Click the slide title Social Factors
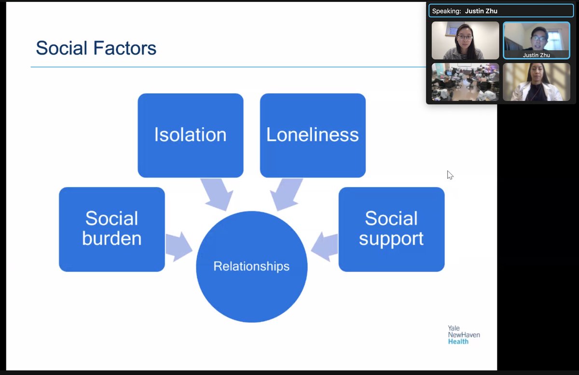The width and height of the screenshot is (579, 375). tap(96, 48)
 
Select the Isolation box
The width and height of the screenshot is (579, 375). tap(190, 135)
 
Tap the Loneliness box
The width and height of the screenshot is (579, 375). tap(313, 135)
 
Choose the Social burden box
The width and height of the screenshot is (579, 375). tap(111, 229)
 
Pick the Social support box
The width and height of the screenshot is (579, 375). tap(391, 229)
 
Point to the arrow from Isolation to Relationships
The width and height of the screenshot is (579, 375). tap(217, 194)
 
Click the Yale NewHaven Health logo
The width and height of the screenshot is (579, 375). tap(464, 334)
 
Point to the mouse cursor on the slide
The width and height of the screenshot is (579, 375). tap(450, 175)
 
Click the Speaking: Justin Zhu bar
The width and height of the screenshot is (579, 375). tap(501, 11)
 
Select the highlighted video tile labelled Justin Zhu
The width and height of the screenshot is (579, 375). tap(536, 41)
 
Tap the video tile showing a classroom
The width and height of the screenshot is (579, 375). tap(465, 82)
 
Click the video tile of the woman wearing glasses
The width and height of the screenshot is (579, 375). tap(465, 41)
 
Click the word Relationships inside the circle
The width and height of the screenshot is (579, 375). tap(251, 266)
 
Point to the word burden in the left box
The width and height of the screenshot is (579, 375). tap(111, 238)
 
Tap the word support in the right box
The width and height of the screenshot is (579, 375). tap(391, 239)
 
